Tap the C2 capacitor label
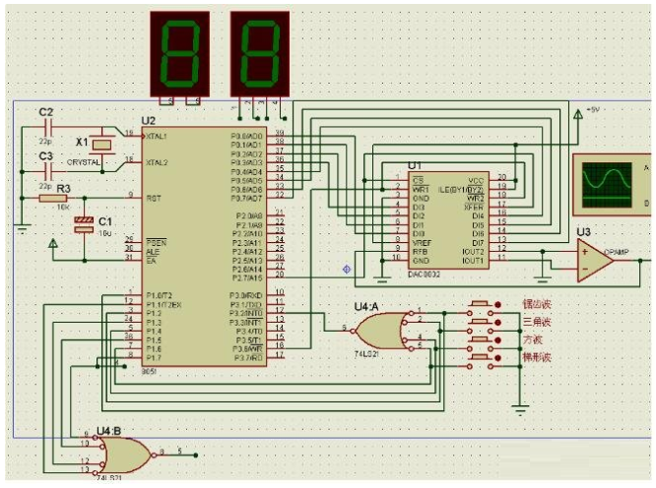[45, 113]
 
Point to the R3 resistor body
[54, 198]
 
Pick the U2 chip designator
[149, 121]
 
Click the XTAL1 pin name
[158, 135]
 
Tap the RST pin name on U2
[153, 198]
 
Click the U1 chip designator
[414, 164]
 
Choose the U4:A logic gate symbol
[382, 329]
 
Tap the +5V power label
[593, 109]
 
